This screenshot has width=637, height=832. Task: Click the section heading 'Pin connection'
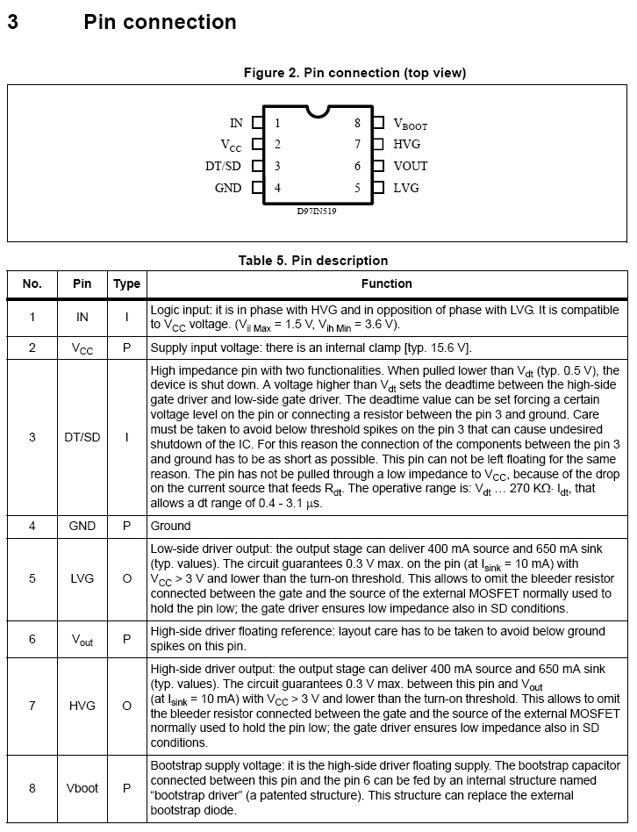160,22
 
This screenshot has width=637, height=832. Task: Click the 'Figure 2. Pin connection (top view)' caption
354,73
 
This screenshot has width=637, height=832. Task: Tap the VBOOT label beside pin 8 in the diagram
410,125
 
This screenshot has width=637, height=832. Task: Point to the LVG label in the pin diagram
406,188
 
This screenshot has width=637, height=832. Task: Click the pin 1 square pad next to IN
258,124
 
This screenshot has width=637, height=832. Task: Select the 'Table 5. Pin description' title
313,261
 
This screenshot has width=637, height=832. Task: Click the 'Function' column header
386,283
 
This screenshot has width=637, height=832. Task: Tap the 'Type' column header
126,283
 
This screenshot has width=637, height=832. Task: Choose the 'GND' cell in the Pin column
82,526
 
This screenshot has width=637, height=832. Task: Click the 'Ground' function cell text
170,526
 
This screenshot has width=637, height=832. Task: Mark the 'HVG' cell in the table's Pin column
82,705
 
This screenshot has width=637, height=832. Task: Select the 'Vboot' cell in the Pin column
82,788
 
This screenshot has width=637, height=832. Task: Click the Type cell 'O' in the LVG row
126,578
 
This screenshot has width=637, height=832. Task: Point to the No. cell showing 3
32,436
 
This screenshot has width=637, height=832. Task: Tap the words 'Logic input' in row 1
180,310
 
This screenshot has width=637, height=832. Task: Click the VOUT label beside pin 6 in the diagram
411,166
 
